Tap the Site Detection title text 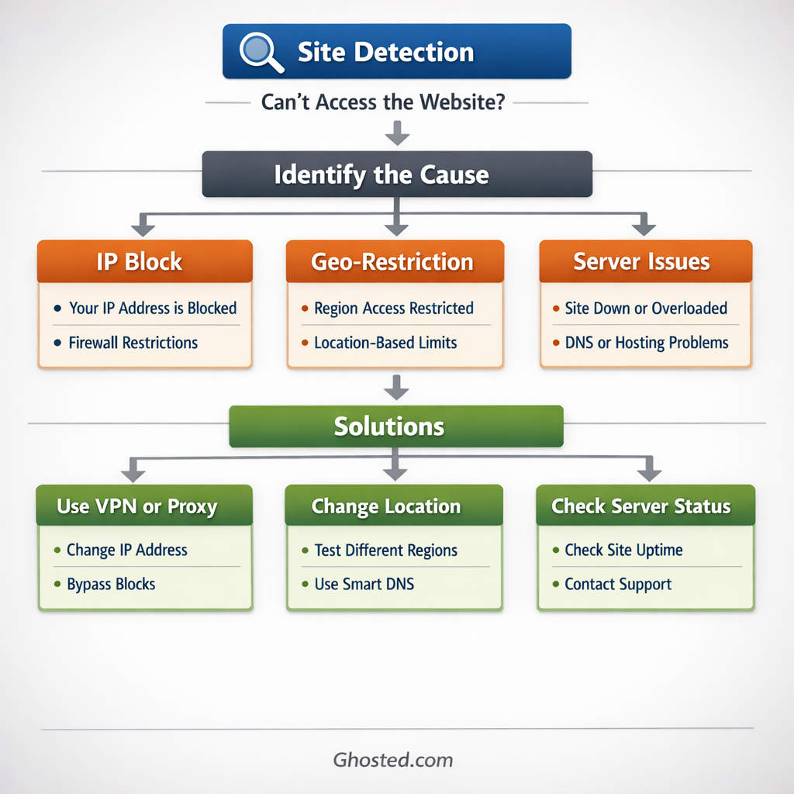385,52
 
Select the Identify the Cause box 397,174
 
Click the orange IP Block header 144,261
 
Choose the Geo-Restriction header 395,261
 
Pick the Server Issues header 645,261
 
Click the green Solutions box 395,426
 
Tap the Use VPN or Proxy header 144,506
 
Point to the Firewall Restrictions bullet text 133,343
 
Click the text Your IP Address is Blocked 152,308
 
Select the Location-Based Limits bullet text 385,343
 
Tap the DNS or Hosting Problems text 647,343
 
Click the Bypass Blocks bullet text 111,585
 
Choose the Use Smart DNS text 364,585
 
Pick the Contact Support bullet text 618,585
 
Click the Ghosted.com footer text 393,760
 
